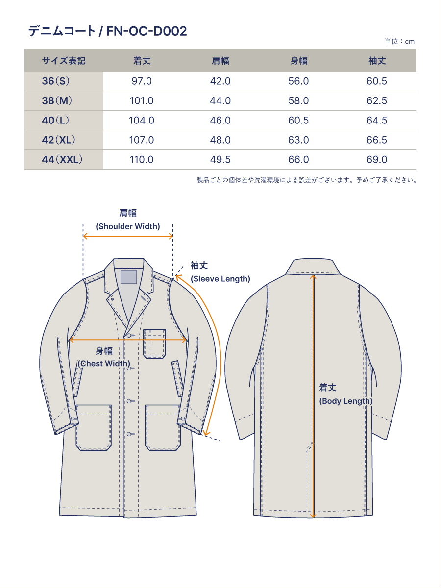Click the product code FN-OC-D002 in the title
coord(147,31)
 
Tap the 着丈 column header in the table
coord(142,61)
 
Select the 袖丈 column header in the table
coord(377,61)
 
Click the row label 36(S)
coord(56,81)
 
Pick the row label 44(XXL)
coord(62,159)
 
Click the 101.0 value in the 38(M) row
coord(142,101)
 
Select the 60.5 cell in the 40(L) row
coord(298,120)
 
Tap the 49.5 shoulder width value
coord(220,159)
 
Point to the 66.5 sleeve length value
coord(377,140)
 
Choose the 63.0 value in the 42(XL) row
coord(298,140)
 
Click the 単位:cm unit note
coord(399,41)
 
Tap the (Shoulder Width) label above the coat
coord(128,226)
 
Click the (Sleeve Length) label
coord(220,279)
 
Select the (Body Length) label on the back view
coord(345,401)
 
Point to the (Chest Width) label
coord(104,363)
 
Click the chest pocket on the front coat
coord(154,343)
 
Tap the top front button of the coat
coord(129,335)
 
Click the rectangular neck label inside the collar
coord(128,277)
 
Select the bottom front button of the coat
coord(129,434)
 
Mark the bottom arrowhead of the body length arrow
coord(313,516)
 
